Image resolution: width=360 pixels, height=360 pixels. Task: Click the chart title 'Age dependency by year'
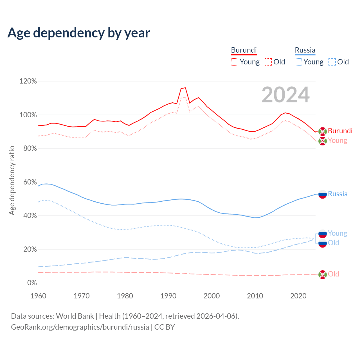coord(79,33)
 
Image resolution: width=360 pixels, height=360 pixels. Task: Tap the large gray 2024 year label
coord(285,95)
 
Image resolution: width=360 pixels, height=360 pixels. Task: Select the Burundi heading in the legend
coord(244,50)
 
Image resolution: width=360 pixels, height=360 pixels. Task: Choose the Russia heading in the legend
coord(305,50)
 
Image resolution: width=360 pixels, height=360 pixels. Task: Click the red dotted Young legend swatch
coord(235,62)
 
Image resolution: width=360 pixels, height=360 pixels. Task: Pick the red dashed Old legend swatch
coord(268,62)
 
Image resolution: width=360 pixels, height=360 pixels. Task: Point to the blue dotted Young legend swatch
coord(298,62)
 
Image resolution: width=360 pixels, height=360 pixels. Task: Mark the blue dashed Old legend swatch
coord(332,62)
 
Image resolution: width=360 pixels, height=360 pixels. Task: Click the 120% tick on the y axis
coord(28,81)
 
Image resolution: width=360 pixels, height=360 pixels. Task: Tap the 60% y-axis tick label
coord(30,182)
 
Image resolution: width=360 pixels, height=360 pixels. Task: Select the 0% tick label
coord(32,283)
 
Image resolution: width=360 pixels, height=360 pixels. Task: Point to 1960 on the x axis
coord(38,296)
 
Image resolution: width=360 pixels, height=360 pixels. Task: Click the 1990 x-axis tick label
coord(168,296)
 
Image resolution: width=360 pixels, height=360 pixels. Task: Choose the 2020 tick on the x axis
coord(298,296)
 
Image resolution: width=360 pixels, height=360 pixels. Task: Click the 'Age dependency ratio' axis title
coord(12,180)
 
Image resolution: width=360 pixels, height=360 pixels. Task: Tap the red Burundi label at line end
coord(340,131)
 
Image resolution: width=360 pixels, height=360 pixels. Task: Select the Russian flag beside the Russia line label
coord(322,194)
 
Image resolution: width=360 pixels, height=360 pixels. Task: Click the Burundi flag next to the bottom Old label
coord(322,274)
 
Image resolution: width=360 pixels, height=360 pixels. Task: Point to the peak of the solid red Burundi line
coord(185,88)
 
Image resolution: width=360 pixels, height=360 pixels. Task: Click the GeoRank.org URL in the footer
coord(80,327)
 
